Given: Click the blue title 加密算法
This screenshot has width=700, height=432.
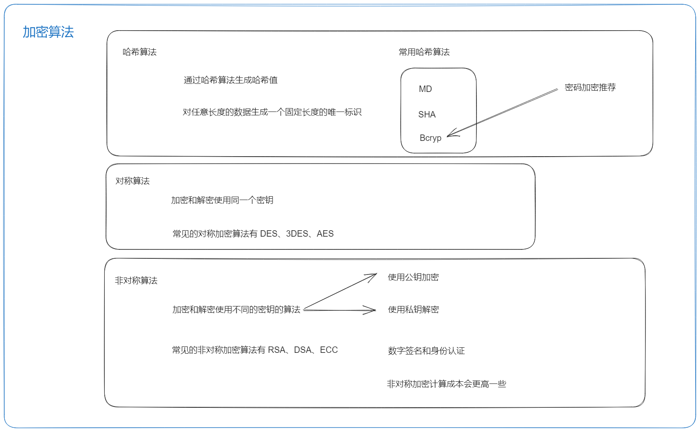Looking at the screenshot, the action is coord(48,32).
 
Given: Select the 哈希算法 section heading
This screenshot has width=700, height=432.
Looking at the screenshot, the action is coord(139,52).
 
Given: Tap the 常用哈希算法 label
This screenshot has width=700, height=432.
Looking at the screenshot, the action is coord(424,52).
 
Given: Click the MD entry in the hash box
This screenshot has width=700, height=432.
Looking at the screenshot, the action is coord(425,89).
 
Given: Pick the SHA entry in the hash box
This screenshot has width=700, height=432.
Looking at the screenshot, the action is coord(427,114).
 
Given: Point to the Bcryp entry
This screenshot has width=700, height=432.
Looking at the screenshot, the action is coord(430,138).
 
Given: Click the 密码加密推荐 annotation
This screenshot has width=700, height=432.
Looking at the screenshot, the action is coord(590,87).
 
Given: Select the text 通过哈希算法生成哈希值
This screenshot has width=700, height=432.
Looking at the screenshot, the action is coord(231,80).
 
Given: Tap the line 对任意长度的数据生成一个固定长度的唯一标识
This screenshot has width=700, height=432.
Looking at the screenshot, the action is coord(272,112).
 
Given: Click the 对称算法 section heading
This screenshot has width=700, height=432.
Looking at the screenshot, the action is coord(132,181).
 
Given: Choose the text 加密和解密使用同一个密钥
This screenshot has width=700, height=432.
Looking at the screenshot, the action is coord(222,200).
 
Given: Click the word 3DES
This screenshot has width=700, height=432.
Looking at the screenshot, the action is coord(297,234).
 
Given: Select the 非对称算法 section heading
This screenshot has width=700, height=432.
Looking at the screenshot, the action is coord(136,280).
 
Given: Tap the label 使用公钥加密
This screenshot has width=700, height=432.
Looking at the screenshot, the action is coord(413,277).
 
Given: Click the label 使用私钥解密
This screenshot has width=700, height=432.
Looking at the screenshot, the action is coord(413,309).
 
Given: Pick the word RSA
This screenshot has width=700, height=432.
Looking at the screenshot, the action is coord(276,350).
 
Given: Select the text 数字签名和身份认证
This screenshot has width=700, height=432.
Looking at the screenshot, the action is coord(426,351).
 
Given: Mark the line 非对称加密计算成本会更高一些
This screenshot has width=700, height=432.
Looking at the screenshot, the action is coord(446,384).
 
